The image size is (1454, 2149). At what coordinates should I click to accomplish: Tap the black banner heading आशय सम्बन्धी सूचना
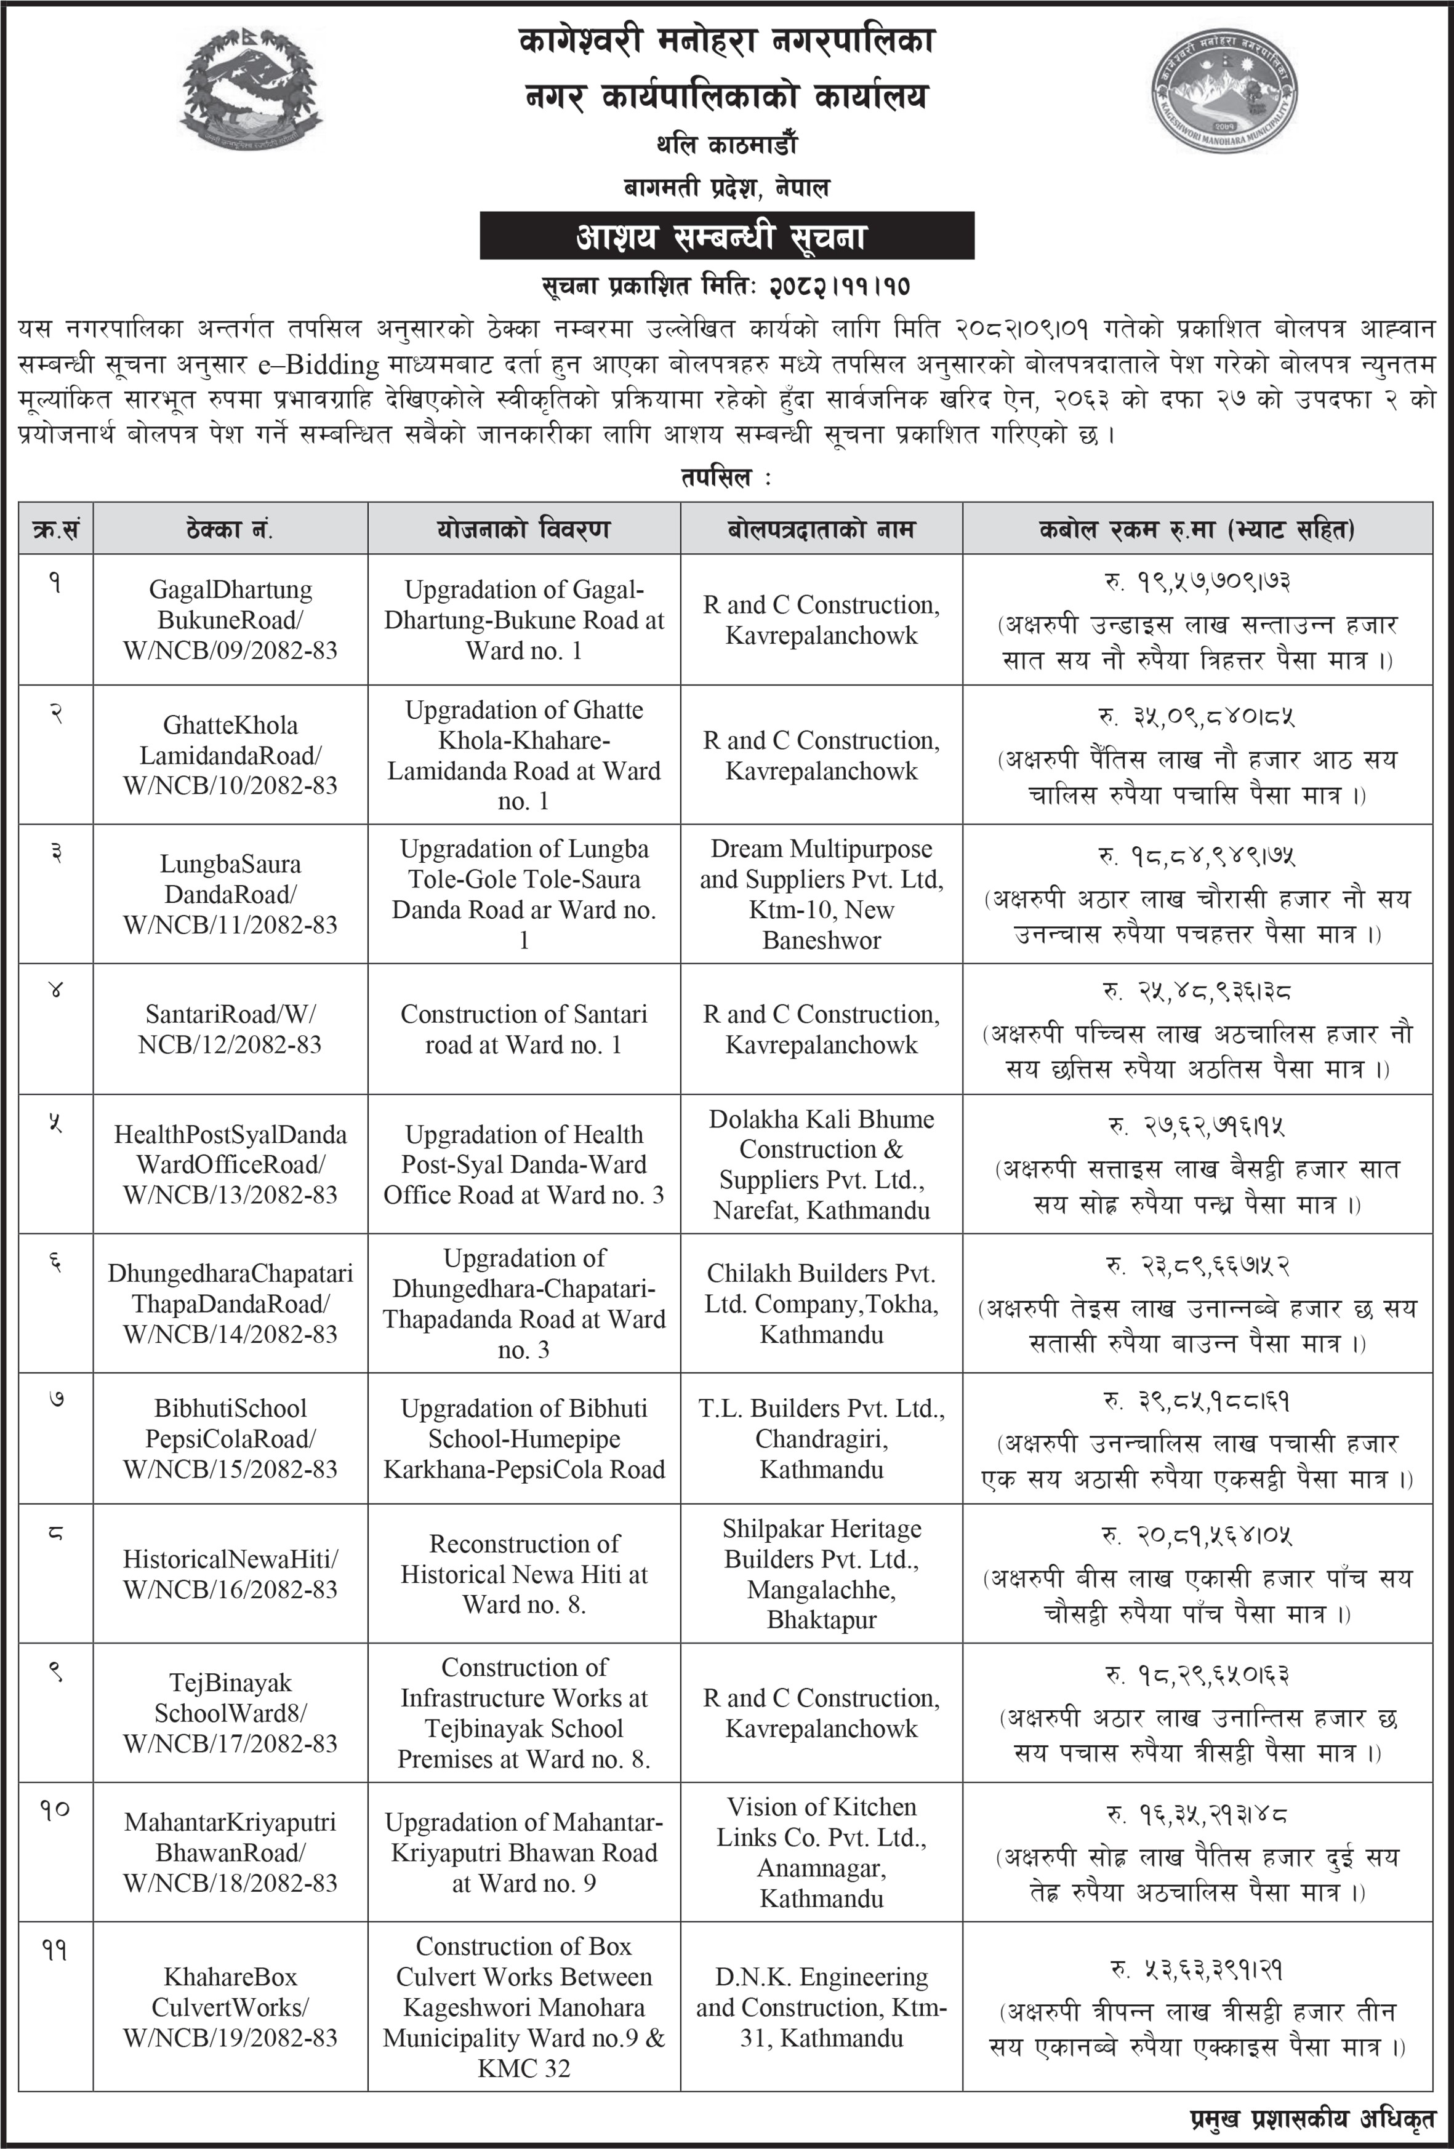tap(726, 237)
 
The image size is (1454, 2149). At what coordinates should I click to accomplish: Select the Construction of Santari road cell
tap(523, 1029)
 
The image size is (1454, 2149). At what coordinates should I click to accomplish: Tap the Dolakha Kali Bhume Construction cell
tap(821, 1164)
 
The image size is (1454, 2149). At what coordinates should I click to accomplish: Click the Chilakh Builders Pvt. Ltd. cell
tap(821, 1303)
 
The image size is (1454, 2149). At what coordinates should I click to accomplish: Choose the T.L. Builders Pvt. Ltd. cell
tap(821, 1439)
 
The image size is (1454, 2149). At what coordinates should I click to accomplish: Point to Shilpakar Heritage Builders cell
tap(821, 1574)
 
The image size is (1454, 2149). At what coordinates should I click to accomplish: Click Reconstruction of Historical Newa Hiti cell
tap(523, 1574)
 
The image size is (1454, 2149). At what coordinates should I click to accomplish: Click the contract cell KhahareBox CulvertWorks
tap(230, 2007)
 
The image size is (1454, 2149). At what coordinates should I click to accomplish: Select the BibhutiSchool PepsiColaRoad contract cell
tap(230, 1439)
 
